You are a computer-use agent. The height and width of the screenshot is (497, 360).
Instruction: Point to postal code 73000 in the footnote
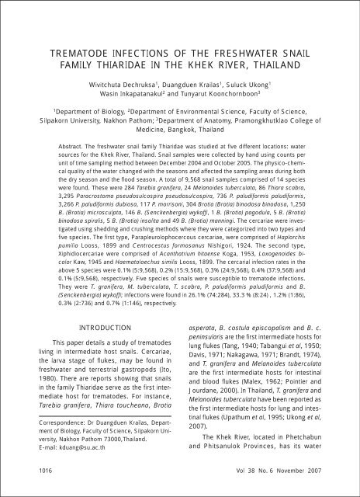126,461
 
